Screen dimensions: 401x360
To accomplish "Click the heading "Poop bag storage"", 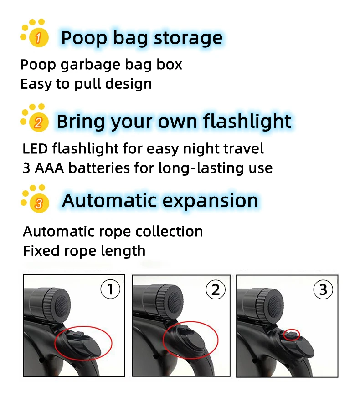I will [x=142, y=38].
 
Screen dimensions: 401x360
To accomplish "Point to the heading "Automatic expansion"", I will [x=160, y=200].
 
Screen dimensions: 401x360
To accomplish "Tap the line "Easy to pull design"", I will [x=86, y=84].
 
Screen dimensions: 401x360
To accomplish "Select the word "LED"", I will [x=36, y=148].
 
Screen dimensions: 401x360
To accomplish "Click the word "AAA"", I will [x=49, y=168].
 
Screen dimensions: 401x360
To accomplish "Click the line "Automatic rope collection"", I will [x=113, y=232].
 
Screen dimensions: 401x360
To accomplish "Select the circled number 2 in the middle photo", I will [x=216, y=289].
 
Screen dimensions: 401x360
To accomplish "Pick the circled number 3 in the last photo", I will [x=323, y=289].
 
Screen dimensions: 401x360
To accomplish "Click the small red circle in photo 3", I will [x=292, y=335].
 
